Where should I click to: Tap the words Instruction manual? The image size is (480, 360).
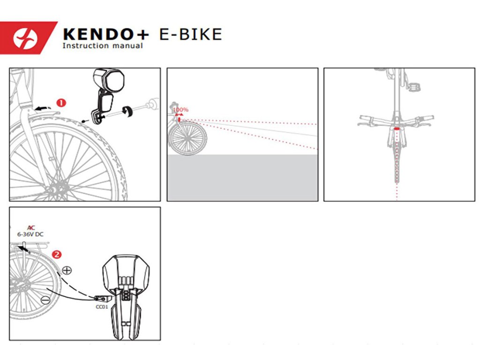point(103,46)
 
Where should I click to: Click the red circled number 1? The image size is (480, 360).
point(61,102)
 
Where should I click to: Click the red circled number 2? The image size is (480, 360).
point(57,255)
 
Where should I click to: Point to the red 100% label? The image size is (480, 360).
point(181,110)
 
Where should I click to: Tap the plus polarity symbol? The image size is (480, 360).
point(67,270)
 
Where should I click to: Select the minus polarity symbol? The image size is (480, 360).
point(45,300)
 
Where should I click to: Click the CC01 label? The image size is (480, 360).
point(102,307)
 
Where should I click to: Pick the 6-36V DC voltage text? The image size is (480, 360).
point(31,234)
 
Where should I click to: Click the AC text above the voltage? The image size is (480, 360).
point(31,227)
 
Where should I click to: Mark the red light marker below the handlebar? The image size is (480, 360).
point(397,128)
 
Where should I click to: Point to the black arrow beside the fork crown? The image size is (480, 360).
point(43,107)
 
